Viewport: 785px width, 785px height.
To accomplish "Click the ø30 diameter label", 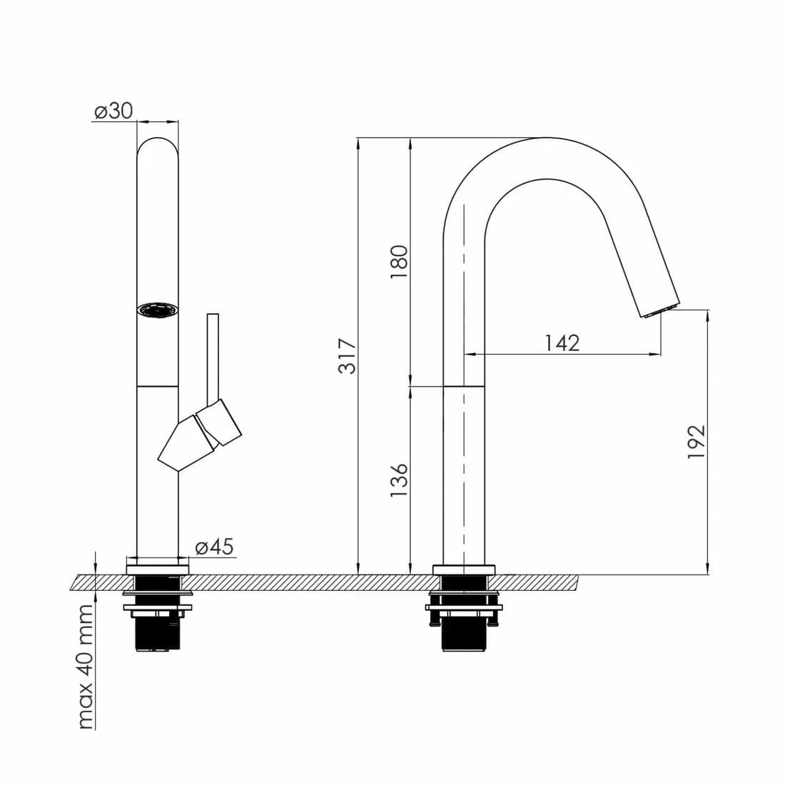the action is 113,111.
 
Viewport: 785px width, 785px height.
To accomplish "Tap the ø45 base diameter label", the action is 214,547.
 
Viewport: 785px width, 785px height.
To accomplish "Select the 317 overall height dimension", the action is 347,356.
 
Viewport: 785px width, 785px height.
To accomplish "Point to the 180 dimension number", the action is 399,263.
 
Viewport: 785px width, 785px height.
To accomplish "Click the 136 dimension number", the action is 399,480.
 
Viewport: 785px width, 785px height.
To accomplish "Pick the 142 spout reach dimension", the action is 562,343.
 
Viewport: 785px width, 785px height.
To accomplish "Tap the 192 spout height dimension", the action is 696,442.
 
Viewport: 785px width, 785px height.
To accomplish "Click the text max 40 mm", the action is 86,667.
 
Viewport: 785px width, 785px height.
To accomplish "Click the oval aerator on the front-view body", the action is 158,310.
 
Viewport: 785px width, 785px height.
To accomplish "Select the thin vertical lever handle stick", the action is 213,358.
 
